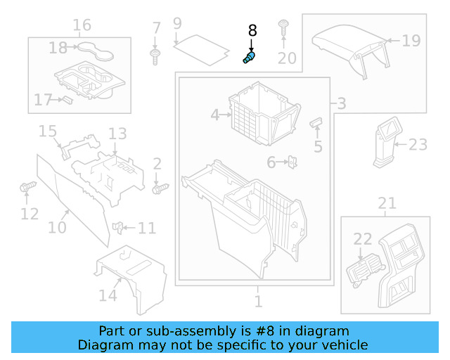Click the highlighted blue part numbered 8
[x=249, y=58]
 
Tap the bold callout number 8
[x=252, y=32]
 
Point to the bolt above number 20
[x=284, y=27]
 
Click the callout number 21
[x=387, y=204]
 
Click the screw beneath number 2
[x=160, y=188]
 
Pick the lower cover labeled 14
[x=130, y=276]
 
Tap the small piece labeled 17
[x=67, y=99]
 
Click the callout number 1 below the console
[x=258, y=302]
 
